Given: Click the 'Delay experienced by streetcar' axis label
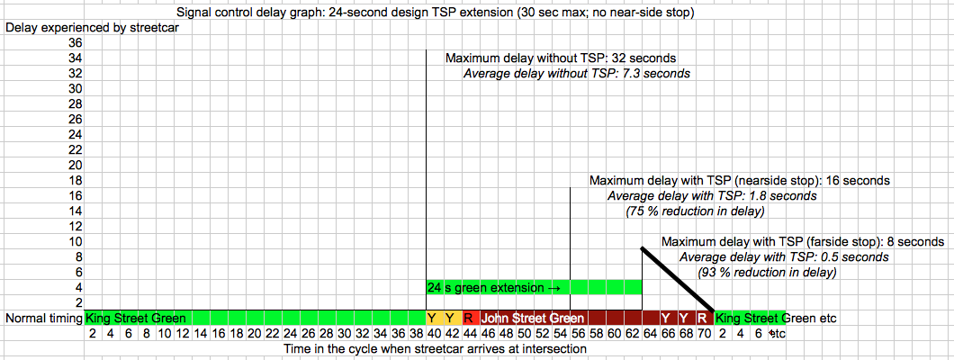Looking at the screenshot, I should click(81, 26).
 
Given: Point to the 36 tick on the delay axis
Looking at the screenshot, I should click(75, 42).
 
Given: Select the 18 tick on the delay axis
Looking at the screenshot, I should click(75, 180).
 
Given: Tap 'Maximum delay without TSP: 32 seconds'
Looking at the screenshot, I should click(561, 58).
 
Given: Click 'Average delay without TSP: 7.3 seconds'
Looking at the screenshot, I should click(576, 73).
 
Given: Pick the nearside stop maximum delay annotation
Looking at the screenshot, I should click(739, 180).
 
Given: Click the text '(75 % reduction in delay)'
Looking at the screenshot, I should click(695, 211).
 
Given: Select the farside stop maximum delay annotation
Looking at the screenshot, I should click(802, 241).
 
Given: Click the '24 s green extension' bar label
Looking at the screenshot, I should click(487, 288).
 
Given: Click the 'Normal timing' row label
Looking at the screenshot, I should click(43, 318).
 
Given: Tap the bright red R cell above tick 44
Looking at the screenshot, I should click(469, 318).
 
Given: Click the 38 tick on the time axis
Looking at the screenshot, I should click(417, 333).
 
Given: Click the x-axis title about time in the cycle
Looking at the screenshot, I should click(434, 347).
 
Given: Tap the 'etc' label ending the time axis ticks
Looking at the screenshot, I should click(776, 333).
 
